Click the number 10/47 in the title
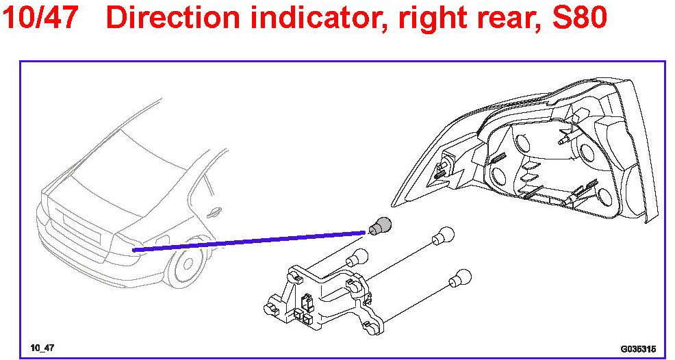coord(46,18)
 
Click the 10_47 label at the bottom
coord(42,348)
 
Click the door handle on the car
coord(215,213)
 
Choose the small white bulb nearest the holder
coord(356,259)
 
